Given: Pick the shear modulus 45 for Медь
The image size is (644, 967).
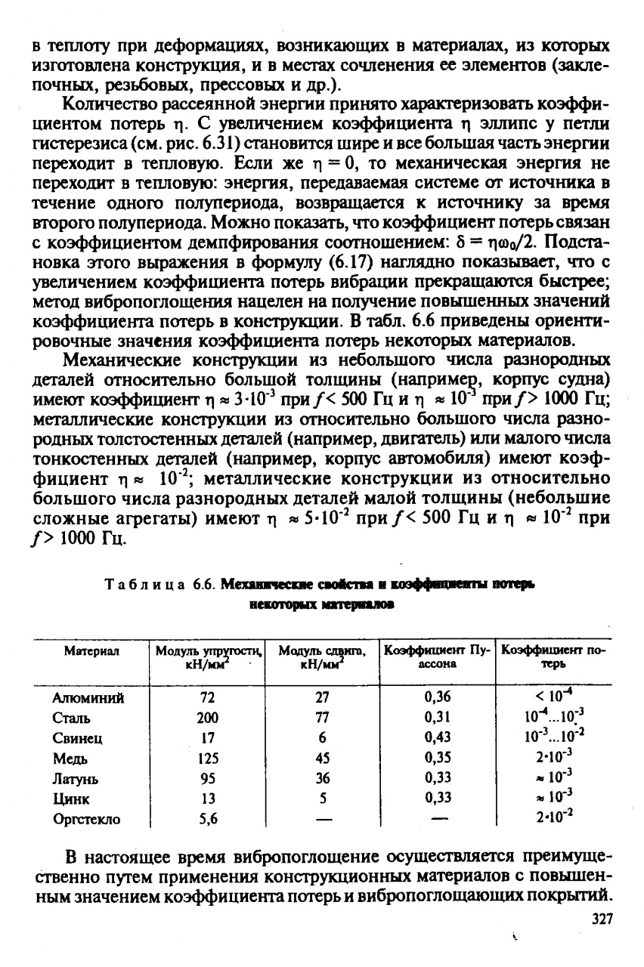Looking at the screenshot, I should click(x=323, y=758).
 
